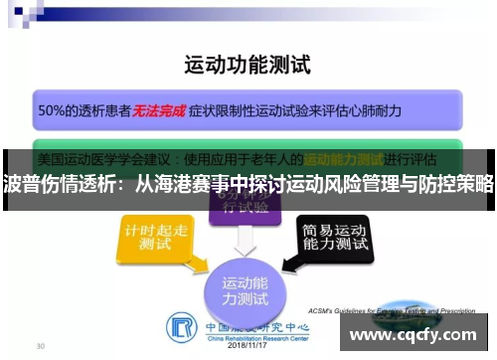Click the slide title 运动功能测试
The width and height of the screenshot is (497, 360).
(248, 67)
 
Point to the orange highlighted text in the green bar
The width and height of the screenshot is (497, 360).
(344, 159)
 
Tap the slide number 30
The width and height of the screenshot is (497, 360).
(41, 346)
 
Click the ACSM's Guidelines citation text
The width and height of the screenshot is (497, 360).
(393, 309)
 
